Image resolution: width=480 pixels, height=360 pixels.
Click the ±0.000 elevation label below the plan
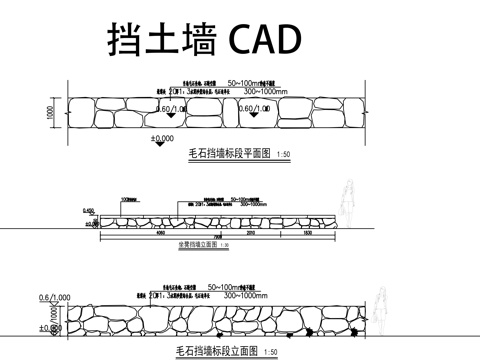[161, 138]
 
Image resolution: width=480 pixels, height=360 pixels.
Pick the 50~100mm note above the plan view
[251, 82]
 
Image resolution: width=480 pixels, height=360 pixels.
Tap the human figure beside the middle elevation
[349, 203]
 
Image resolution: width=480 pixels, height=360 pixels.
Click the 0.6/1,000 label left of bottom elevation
[53, 297]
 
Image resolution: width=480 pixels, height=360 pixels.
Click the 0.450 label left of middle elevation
[88, 210]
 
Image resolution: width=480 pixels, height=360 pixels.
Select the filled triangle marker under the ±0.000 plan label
[159, 147]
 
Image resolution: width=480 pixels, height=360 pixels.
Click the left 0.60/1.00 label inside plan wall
[170, 108]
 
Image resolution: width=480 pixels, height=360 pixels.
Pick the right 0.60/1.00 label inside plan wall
[257, 108]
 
